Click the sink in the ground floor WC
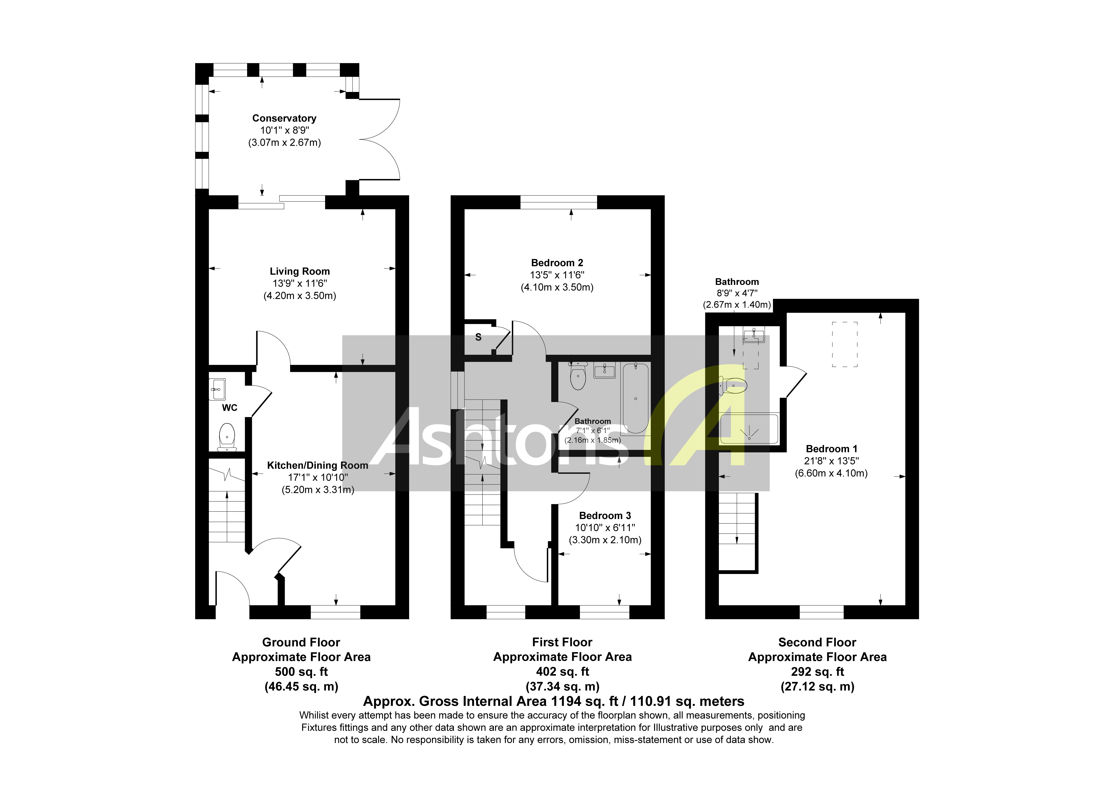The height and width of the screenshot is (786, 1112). (x=217, y=389)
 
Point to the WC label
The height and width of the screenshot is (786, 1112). (x=230, y=408)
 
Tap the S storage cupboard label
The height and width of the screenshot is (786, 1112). (x=478, y=337)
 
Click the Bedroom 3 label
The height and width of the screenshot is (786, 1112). (x=605, y=516)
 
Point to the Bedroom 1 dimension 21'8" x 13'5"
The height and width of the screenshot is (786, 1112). (x=831, y=461)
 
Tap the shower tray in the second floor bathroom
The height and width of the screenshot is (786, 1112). (x=749, y=428)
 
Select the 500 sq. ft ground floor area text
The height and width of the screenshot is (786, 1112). (x=301, y=672)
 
